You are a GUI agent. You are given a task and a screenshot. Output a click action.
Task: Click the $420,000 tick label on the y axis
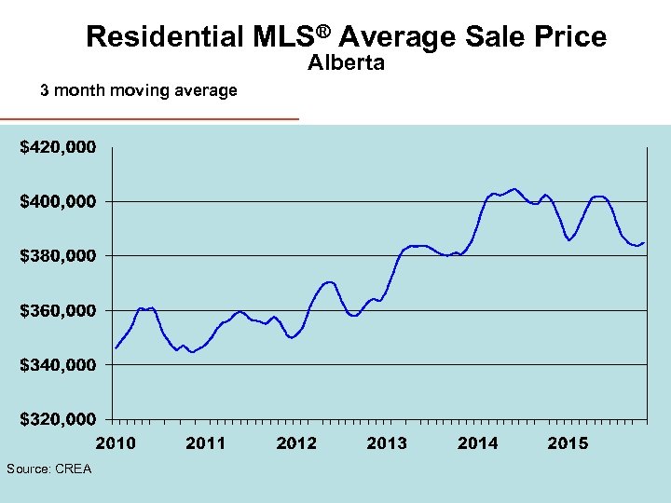coord(58,147)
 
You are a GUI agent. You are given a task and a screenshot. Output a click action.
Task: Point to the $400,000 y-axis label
coord(58,201)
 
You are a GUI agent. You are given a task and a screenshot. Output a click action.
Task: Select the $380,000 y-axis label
coord(58,255)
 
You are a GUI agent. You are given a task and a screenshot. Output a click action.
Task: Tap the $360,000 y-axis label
coord(58,310)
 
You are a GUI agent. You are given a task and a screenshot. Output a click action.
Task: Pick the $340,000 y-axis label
coord(58,364)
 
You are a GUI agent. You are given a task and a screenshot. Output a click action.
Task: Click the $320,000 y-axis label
coord(58,419)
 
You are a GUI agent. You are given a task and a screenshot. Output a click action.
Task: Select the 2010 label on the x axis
coord(116,443)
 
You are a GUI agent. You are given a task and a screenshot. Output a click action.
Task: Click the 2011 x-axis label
coord(206,443)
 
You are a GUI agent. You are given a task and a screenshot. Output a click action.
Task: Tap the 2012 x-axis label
coord(296,443)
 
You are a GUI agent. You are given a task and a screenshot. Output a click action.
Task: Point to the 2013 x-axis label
coord(387,443)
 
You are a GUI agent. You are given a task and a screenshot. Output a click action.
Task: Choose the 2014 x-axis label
coord(477,443)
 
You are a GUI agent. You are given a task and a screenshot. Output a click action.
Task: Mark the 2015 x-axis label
coord(568,443)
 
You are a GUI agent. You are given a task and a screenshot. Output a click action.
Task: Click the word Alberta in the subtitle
coord(346,64)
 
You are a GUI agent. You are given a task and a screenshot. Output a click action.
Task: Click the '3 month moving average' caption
coord(138,90)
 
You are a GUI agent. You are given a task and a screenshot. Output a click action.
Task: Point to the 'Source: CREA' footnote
coord(48,469)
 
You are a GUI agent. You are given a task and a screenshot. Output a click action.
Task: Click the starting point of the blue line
coord(116,347)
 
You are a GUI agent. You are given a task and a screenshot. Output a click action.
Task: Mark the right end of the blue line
coord(644,242)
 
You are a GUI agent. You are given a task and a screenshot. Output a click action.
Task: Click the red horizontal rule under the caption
coord(149,119)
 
